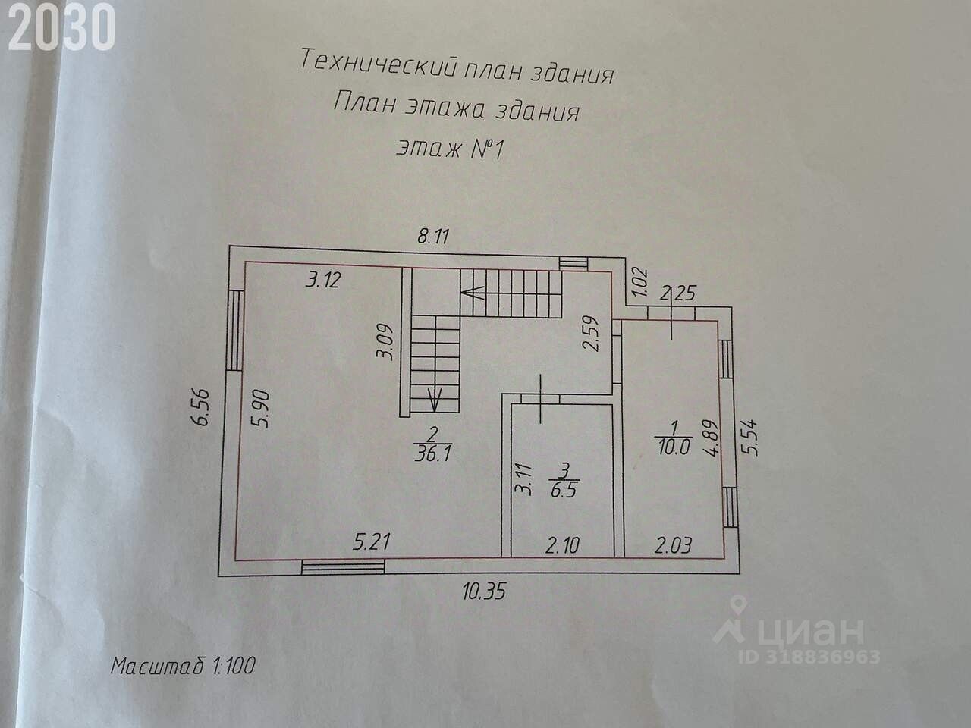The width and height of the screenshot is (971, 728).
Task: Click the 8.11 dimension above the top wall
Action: pos(434,236)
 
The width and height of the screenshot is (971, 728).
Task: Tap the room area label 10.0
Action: pos(672,447)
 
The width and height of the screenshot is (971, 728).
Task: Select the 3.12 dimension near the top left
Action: pos(322,280)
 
